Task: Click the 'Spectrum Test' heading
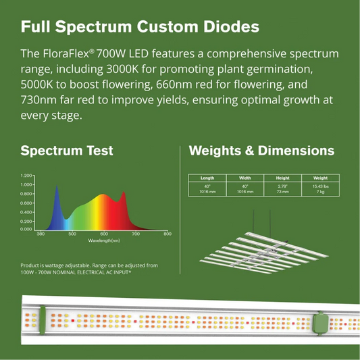pos(66,150)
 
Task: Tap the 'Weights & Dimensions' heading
pos(262,150)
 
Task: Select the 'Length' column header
pos(207,178)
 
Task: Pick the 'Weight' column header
pos(320,178)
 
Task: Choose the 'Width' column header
pos(245,178)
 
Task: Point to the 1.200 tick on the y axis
pos(26,175)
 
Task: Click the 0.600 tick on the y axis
pos(26,203)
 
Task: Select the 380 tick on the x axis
pos(41,234)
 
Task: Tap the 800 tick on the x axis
pos(168,234)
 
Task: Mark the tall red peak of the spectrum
pos(122,194)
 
